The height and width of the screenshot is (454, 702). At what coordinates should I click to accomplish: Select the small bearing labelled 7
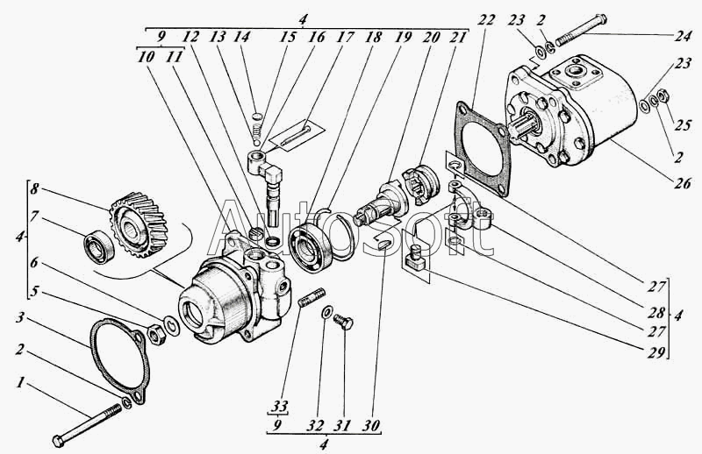tap(99, 247)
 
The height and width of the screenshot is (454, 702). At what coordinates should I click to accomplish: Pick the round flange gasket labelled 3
tap(120, 359)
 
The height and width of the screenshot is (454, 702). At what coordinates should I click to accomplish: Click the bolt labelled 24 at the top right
tap(581, 31)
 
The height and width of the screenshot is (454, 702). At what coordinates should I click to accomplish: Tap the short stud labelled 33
tap(312, 298)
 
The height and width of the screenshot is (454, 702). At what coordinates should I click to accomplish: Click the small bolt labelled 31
tap(344, 322)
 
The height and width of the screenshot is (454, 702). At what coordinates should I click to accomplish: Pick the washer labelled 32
tap(326, 313)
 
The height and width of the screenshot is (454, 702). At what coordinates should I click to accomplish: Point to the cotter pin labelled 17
tap(296, 135)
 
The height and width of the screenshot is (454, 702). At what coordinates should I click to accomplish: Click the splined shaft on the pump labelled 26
tap(523, 124)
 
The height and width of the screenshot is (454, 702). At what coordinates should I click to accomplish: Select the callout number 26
tap(682, 183)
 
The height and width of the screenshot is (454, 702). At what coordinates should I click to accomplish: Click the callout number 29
tap(656, 352)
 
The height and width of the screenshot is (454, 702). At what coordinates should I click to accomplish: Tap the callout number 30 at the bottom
tap(372, 425)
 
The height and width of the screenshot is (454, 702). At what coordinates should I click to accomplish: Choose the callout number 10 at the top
tap(147, 56)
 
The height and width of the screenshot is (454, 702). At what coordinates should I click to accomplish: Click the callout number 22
tap(487, 20)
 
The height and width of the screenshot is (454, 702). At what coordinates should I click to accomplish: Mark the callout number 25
tap(684, 124)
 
